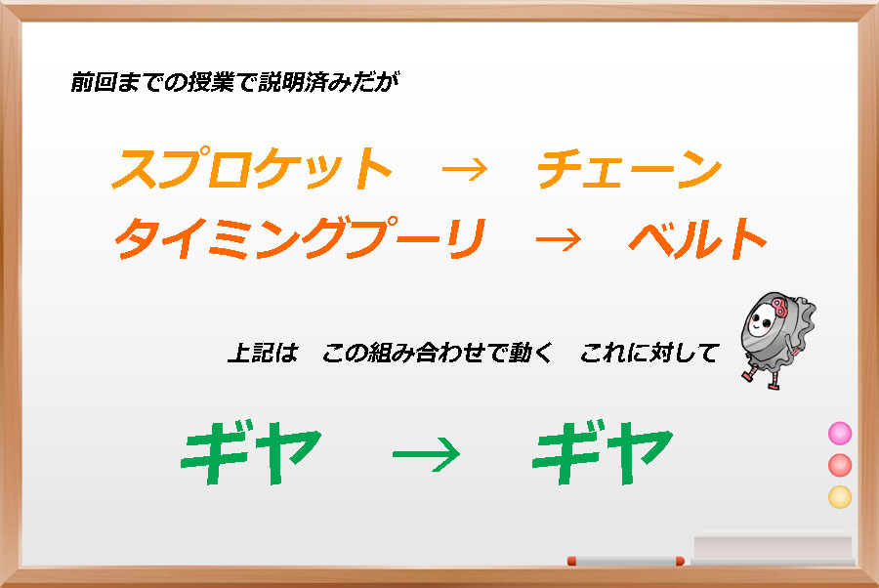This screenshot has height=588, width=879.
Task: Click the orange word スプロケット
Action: tap(252, 168)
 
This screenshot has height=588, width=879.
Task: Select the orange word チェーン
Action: tap(629, 169)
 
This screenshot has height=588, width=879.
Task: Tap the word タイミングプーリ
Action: tap(300, 238)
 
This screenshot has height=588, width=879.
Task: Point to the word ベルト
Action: tap(697, 238)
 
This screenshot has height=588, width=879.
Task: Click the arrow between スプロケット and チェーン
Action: tap(465, 169)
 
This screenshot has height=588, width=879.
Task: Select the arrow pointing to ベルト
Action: tap(559, 240)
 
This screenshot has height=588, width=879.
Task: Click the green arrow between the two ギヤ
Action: tap(426, 453)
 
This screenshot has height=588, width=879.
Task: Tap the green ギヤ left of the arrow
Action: tap(251, 452)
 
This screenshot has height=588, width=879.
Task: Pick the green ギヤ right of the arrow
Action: tap(602, 452)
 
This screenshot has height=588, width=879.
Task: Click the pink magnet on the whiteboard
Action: tap(840, 434)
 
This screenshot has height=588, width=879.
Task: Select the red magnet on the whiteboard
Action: tap(840, 465)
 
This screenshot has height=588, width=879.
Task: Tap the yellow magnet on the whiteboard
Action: tap(840, 497)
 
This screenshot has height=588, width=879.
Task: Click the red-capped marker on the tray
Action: tap(626, 561)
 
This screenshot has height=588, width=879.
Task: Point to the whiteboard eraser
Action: tap(773, 547)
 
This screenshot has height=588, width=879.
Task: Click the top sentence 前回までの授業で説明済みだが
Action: tap(234, 82)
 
